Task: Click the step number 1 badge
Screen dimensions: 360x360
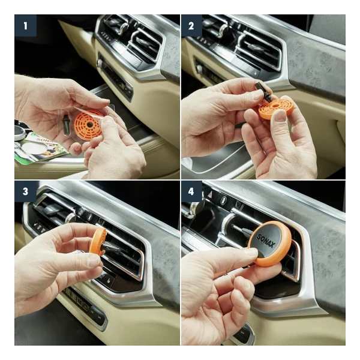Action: coord(25,25)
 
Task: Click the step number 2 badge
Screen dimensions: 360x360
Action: coord(191,25)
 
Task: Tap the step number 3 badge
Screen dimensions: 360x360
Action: coord(25,191)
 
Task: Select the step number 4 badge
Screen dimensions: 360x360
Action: coord(191,191)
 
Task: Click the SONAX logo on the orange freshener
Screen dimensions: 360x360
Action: coord(266,241)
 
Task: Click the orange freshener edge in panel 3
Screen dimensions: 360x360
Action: coord(98,241)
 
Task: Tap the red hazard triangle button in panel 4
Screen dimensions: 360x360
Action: coord(210,195)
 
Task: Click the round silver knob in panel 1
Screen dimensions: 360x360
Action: coord(99,63)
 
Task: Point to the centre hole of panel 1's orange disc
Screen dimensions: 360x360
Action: coord(89,124)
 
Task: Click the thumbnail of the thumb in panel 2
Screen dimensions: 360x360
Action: coord(280,115)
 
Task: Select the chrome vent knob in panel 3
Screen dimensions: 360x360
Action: coord(70,218)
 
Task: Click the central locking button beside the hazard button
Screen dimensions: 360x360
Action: coord(224,200)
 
